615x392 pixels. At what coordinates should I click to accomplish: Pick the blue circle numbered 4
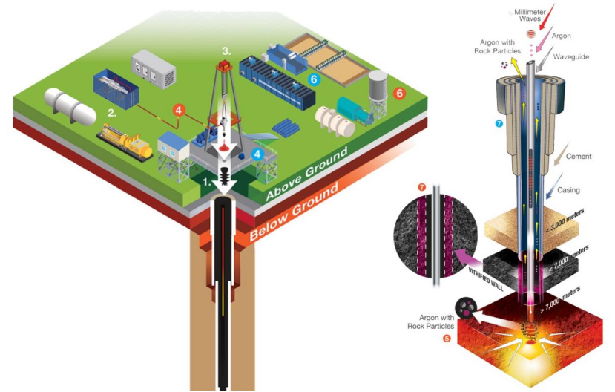(257, 154)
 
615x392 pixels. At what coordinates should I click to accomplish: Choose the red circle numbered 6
(400, 94)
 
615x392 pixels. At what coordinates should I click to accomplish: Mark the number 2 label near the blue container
(113, 114)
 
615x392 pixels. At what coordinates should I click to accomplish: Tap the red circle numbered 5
(446, 339)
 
